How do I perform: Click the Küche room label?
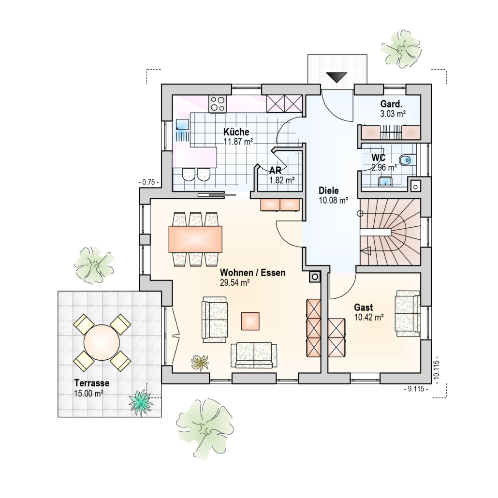pyautogui.click(x=236, y=132)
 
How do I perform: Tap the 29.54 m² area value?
pyautogui.click(x=234, y=283)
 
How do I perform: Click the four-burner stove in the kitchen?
pyautogui.click(x=218, y=103)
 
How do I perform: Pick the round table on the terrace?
pyautogui.click(x=102, y=342)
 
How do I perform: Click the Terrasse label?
pyautogui.click(x=92, y=383)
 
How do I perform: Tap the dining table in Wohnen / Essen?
pyautogui.click(x=195, y=239)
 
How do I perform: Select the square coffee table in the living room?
pyautogui.click(x=250, y=321)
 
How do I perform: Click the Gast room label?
pyautogui.click(x=363, y=307)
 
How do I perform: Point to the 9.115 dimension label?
pyautogui.click(x=416, y=389)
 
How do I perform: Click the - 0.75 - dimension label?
pyautogui.click(x=148, y=182)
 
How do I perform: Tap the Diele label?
pyautogui.click(x=329, y=190)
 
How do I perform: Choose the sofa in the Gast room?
pyautogui.click(x=408, y=313)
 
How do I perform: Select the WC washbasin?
pyautogui.click(x=385, y=181)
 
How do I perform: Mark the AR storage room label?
pyautogui.click(x=275, y=170)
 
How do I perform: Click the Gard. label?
pyautogui.click(x=391, y=104)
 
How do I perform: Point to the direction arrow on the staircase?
pyautogui.click(x=366, y=251)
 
